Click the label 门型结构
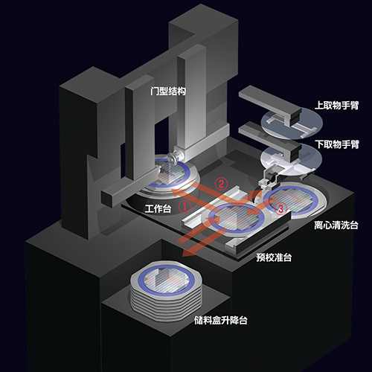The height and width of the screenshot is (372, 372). (168, 92)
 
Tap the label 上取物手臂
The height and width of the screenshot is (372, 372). (336, 105)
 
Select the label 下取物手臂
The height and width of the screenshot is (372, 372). (337, 144)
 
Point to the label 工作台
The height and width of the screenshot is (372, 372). (158, 208)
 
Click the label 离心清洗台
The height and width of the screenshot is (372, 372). (336, 225)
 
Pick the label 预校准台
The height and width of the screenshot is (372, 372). (274, 257)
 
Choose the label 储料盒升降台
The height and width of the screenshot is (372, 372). (221, 321)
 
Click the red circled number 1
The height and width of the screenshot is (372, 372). (185, 207)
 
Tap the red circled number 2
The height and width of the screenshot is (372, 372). (221, 184)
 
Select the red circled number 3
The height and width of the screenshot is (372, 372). (280, 208)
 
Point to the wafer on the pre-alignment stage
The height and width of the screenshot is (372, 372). (236, 217)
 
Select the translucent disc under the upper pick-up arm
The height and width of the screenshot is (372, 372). (292, 124)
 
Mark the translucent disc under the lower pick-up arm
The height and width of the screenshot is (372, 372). (291, 159)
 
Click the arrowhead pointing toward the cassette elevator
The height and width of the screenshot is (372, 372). (187, 256)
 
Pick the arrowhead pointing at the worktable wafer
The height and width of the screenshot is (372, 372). (177, 193)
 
